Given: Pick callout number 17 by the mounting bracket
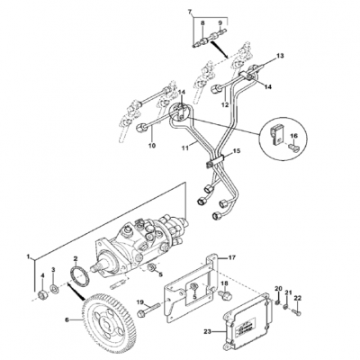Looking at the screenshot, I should point(231,257).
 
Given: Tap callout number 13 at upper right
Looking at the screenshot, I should point(279,56).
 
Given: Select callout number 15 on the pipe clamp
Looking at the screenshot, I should point(237,153).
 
